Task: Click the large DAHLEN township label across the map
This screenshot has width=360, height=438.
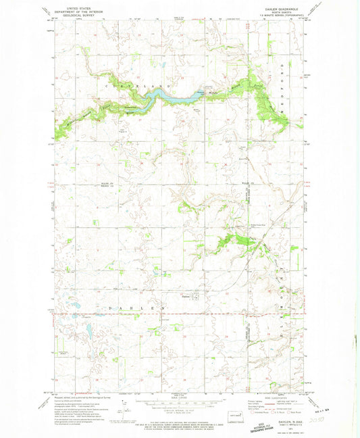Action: point(135,308)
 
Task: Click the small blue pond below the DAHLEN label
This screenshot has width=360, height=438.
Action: point(88,331)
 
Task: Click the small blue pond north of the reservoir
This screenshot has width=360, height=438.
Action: point(162,66)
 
